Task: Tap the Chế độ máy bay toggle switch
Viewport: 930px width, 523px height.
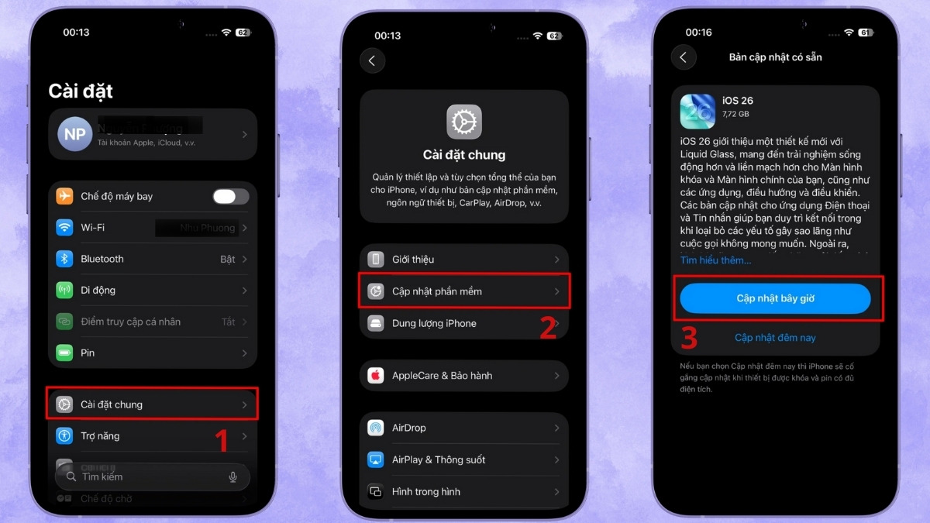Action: click(230, 197)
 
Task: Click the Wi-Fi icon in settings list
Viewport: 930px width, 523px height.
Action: click(65, 228)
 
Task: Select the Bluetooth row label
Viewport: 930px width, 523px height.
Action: click(102, 259)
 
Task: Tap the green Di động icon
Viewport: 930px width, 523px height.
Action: click(65, 291)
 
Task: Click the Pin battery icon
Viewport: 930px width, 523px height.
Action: click(65, 353)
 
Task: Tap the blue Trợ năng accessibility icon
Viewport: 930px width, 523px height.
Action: click(65, 436)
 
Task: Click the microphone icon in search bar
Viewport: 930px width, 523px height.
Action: click(232, 477)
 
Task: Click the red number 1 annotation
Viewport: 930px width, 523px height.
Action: click(222, 440)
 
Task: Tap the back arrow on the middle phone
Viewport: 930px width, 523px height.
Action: click(372, 60)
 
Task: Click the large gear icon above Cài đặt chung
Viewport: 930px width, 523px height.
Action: click(464, 122)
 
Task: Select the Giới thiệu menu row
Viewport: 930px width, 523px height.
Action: click(464, 260)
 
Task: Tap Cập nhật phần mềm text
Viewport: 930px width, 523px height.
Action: click(437, 291)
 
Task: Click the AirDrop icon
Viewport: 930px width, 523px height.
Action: click(376, 428)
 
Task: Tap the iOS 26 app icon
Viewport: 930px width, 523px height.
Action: click(697, 112)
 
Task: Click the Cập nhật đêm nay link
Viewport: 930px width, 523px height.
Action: click(775, 338)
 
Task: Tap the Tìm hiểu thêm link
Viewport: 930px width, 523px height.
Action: click(715, 260)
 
